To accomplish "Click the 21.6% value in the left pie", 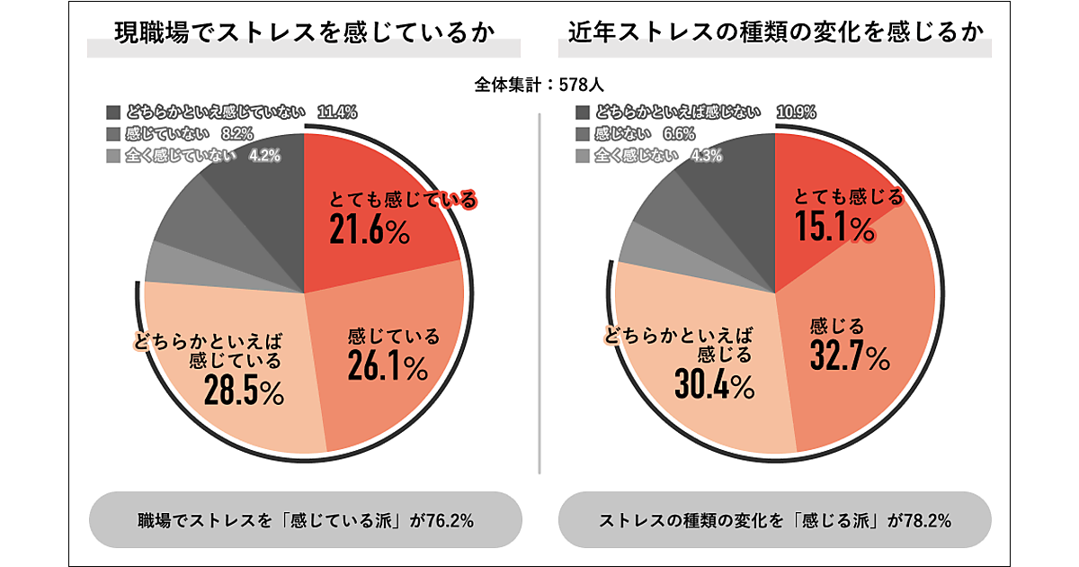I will click(370, 231).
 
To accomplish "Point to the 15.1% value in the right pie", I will click(836, 228).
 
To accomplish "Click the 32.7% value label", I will click(850, 357).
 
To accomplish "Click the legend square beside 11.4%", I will click(112, 112).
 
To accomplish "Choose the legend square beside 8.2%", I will click(112, 134).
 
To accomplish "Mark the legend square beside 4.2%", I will click(112, 155).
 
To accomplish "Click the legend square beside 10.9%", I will click(581, 112).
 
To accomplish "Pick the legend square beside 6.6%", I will click(581, 134).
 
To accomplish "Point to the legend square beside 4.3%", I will click(581, 155).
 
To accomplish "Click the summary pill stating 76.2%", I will click(305, 520).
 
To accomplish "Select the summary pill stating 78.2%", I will click(774, 520).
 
